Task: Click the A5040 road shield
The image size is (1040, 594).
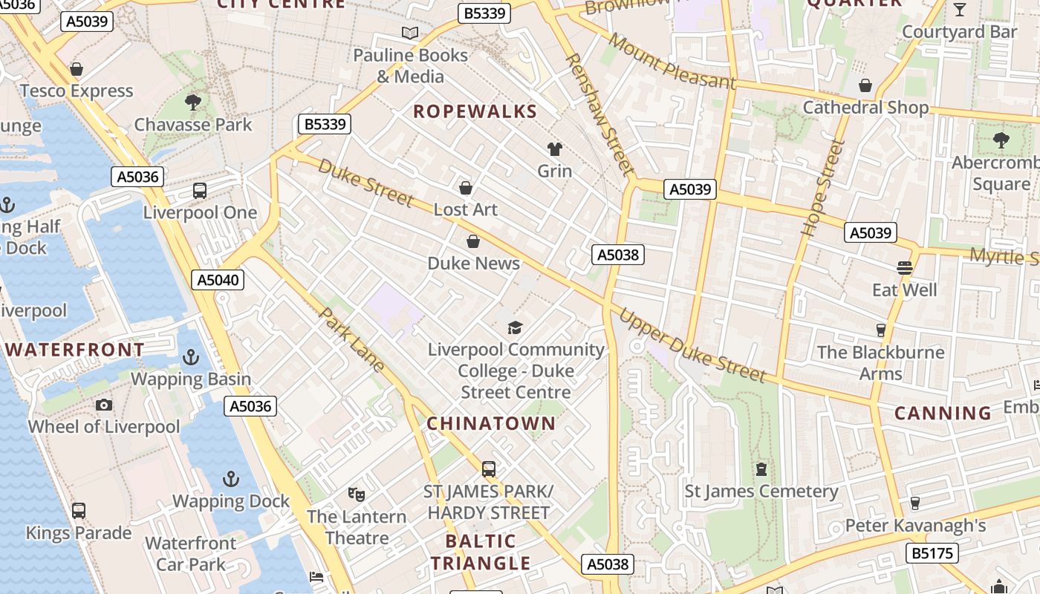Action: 218,280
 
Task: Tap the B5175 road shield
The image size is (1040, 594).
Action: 932,552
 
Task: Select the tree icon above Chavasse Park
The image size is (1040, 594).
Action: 193,102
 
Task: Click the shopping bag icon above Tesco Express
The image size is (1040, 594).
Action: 76,69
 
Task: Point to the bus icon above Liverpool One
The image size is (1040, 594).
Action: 200,191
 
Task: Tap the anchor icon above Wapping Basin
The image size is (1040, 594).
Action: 191,357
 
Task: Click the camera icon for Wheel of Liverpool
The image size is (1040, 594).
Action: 104,405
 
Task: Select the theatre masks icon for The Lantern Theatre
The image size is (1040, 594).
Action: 357,494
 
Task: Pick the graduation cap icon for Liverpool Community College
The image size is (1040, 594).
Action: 515,327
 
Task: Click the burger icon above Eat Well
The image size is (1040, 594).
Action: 904,267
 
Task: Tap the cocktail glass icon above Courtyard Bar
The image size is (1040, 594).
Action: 959,10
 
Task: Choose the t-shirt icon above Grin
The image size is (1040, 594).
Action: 554,149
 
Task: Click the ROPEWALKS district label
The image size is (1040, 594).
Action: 475,111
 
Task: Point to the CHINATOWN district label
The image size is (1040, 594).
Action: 491,423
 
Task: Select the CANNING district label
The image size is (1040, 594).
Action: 943,413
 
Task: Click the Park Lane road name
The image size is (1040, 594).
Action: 352,339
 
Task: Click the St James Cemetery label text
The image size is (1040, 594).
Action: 761,492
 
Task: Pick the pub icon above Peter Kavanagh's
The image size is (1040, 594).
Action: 914,503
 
